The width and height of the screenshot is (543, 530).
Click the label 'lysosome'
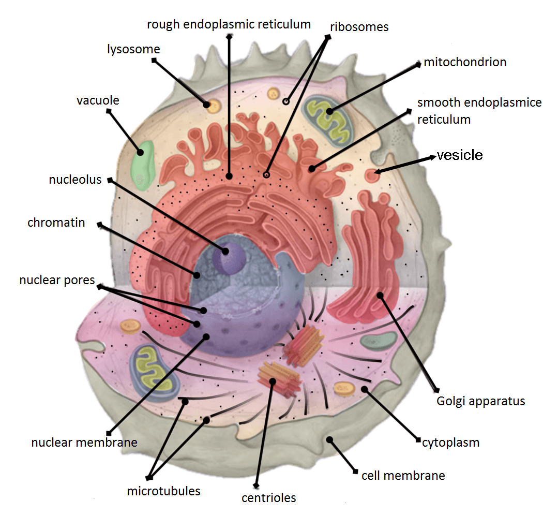click(x=133, y=50)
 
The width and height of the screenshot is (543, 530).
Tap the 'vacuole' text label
click(x=98, y=100)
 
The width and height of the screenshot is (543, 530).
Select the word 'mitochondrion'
click(x=465, y=63)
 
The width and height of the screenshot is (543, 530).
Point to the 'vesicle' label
click(x=460, y=155)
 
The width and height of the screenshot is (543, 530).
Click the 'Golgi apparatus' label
click(x=481, y=401)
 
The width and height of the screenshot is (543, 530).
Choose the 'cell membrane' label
click(x=403, y=475)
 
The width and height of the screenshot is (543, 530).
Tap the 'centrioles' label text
click(x=269, y=498)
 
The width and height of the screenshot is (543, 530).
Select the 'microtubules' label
click(x=163, y=491)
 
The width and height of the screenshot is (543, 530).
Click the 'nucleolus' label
click(x=76, y=180)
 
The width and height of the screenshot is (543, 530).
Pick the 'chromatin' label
click(x=56, y=223)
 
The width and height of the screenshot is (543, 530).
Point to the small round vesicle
click(x=371, y=175)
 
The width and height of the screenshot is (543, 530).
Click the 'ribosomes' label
click(x=359, y=26)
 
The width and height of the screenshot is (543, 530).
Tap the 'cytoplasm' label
click(x=450, y=443)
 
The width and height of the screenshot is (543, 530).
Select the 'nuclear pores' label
click(x=57, y=281)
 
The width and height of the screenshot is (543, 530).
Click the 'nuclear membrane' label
click(x=84, y=443)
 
